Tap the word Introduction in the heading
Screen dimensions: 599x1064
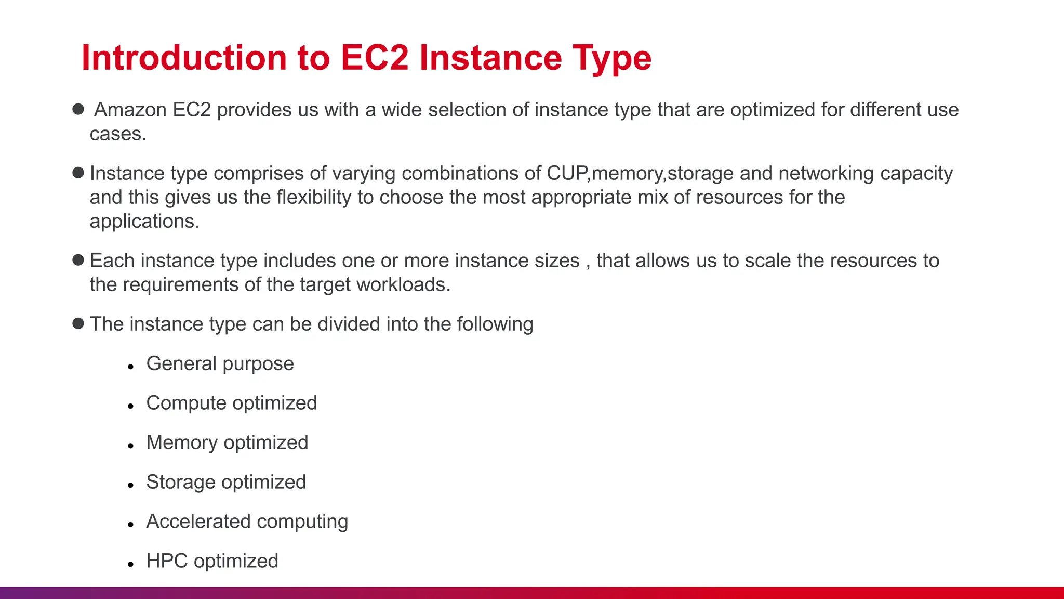pyautogui.click(x=184, y=57)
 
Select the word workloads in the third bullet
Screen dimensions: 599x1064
pyautogui.click(x=401, y=284)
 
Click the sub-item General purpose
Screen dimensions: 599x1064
pyautogui.click(x=220, y=363)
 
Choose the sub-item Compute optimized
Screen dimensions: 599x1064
pyautogui.click(x=231, y=403)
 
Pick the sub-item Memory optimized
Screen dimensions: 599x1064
pyautogui.click(x=227, y=442)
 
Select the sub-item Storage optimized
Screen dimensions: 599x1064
pyautogui.click(x=226, y=482)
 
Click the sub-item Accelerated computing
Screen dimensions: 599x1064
pyautogui.click(x=247, y=522)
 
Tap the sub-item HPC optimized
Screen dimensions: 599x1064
pyautogui.click(x=212, y=561)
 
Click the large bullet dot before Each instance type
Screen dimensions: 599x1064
pyautogui.click(x=78, y=260)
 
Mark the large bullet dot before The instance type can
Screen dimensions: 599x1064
pyautogui.click(x=78, y=323)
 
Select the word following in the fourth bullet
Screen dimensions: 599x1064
pyautogui.click(x=495, y=324)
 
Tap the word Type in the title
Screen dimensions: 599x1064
pyautogui.click(x=611, y=57)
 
